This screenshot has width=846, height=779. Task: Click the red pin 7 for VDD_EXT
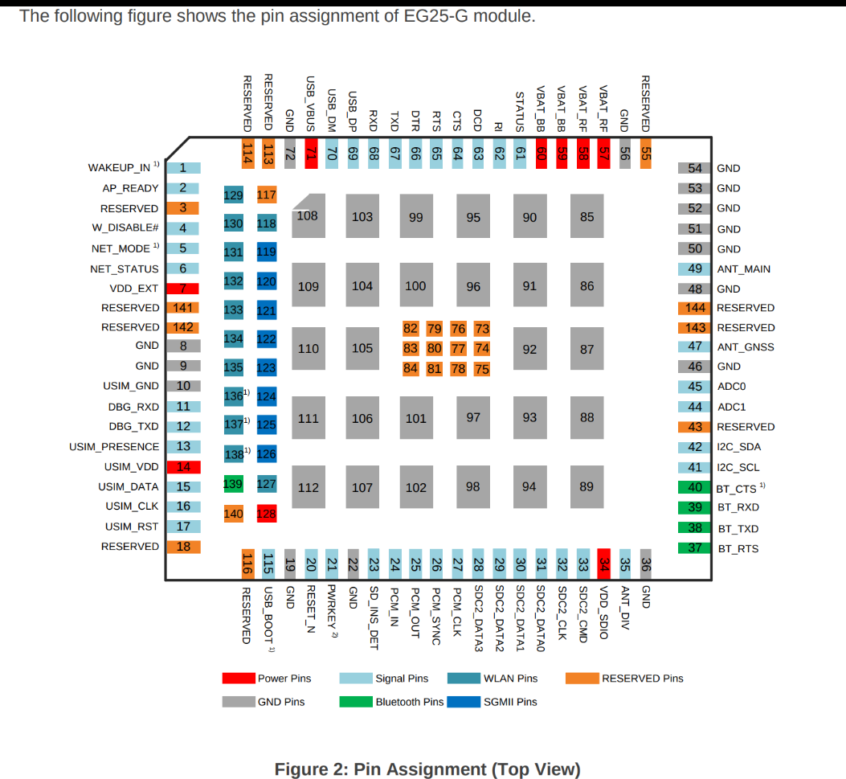pyautogui.click(x=182, y=288)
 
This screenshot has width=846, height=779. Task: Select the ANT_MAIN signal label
pyautogui.click(x=743, y=269)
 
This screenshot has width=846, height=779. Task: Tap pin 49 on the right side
pyautogui.click(x=695, y=269)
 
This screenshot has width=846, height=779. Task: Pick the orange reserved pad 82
pyautogui.click(x=411, y=328)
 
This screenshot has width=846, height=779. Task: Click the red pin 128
pyautogui.click(x=266, y=513)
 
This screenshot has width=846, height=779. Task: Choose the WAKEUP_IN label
pyautogui.click(x=119, y=168)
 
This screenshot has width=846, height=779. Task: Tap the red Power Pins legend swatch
pyautogui.click(x=239, y=679)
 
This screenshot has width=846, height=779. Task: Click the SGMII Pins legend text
pyautogui.click(x=510, y=702)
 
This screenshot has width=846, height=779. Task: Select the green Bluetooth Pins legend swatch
pyautogui.click(x=356, y=702)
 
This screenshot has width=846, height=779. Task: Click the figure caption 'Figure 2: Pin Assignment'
pyautogui.click(x=427, y=769)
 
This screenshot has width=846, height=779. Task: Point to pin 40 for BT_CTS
pyautogui.click(x=695, y=487)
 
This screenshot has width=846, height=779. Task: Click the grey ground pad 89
pyautogui.click(x=586, y=486)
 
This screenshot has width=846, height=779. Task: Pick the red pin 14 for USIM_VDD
pyautogui.click(x=182, y=467)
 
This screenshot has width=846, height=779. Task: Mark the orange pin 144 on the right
pyautogui.click(x=695, y=308)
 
